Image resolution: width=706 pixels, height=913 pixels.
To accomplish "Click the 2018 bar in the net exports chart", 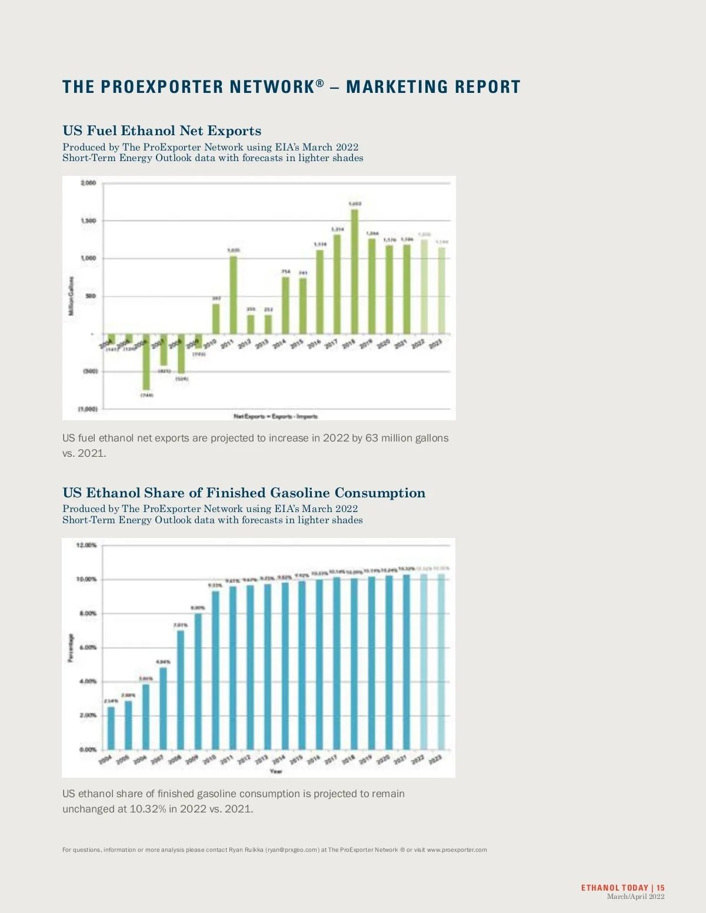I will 354,272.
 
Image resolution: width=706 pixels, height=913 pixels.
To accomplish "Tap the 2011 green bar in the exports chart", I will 233,295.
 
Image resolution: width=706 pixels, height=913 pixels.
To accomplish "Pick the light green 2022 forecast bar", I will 424,286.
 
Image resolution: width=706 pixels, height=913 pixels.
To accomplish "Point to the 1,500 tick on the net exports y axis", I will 88,220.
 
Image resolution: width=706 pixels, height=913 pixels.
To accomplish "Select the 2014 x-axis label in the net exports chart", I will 279,343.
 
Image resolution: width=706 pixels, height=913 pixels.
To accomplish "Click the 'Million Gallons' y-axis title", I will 72,296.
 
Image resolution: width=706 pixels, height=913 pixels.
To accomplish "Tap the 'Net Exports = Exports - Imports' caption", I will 275,416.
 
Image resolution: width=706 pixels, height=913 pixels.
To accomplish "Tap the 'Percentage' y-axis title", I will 71,648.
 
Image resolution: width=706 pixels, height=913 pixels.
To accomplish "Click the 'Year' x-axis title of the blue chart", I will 275,771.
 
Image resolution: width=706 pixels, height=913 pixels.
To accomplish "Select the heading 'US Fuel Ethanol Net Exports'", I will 162,131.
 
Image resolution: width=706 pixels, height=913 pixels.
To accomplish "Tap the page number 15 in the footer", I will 661,888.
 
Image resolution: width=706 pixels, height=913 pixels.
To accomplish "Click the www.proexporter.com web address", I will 457,850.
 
